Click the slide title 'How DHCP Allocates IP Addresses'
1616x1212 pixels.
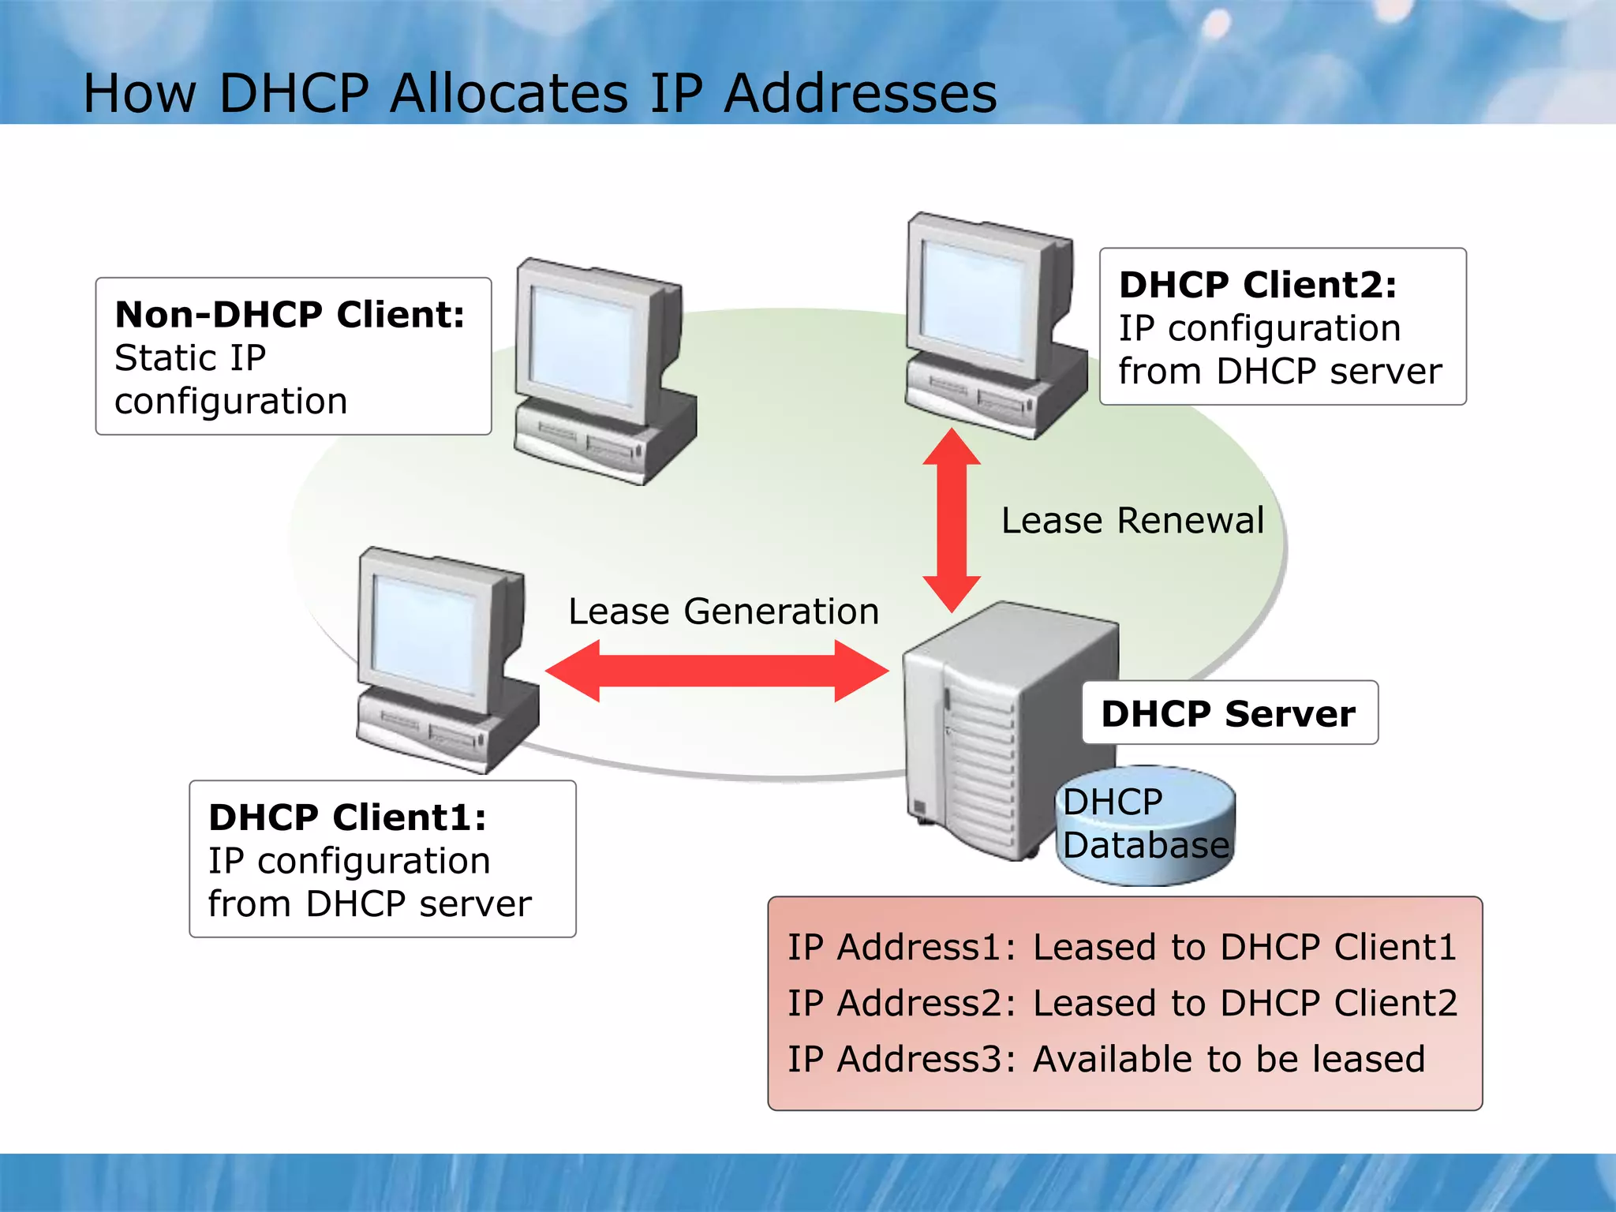pyautogui.click(x=540, y=93)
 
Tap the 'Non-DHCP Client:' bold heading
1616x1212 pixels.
pyautogui.click(x=290, y=314)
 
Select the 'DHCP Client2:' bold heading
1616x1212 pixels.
pyautogui.click(x=1258, y=284)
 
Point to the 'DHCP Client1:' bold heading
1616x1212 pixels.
pyautogui.click(x=347, y=817)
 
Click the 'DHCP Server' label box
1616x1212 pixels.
pyautogui.click(x=1229, y=713)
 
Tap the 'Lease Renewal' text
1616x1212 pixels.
pyautogui.click(x=1132, y=521)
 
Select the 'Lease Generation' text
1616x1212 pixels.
pyautogui.click(x=724, y=612)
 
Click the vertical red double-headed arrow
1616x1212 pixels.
pyautogui.click(x=952, y=520)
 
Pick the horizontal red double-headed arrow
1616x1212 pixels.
pyautogui.click(x=716, y=671)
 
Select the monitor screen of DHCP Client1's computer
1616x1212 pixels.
pyautogui.click(x=425, y=634)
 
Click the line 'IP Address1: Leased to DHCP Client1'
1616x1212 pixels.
pyautogui.click(x=1121, y=947)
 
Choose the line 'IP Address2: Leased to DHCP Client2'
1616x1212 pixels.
pyautogui.click(x=1122, y=1003)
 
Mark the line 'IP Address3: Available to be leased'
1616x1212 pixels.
pyautogui.click(x=1106, y=1059)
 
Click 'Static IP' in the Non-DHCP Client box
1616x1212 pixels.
pyautogui.click(x=190, y=358)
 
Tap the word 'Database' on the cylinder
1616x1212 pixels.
pyautogui.click(x=1146, y=845)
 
